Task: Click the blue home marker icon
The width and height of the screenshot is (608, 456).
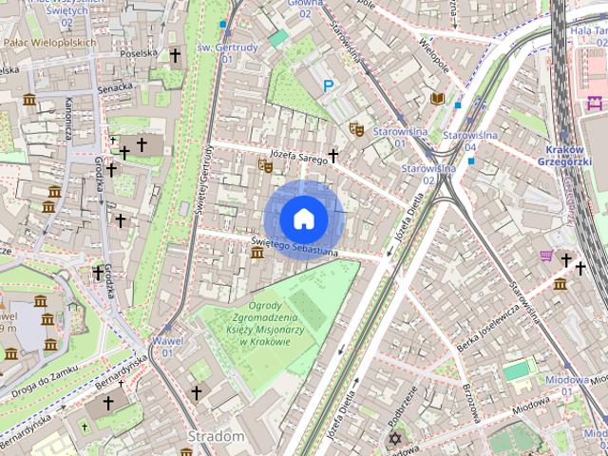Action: pyautogui.click(x=304, y=219)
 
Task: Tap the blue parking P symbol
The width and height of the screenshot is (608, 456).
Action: pyautogui.click(x=329, y=86)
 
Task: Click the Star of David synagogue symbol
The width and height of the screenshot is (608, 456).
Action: pyautogui.click(x=394, y=439)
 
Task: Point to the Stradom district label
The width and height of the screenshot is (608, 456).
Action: pyautogui.click(x=217, y=436)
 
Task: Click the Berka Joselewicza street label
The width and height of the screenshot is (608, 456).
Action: pyautogui.click(x=480, y=330)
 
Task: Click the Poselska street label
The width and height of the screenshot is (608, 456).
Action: pyautogui.click(x=139, y=53)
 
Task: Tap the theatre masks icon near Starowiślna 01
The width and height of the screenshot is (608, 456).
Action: pyautogui.click(x=357, y=127)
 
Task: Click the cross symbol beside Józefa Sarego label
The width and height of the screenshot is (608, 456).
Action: pyautogui.click(x=333, y=155)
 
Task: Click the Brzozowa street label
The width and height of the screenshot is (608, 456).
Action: pyautogui.click(x=469, y=400)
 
